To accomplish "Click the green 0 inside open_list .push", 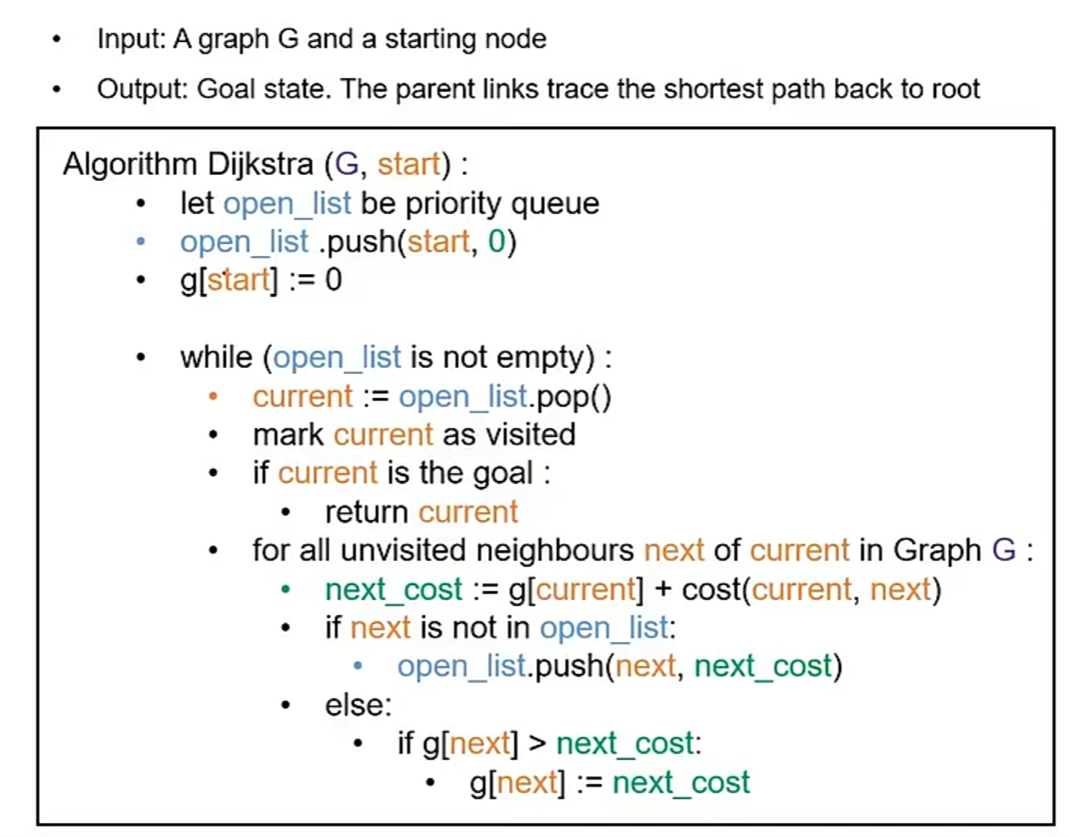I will (497, 242).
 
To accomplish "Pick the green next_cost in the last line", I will (681, 782).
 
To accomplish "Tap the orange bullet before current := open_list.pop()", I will (213, 397).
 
